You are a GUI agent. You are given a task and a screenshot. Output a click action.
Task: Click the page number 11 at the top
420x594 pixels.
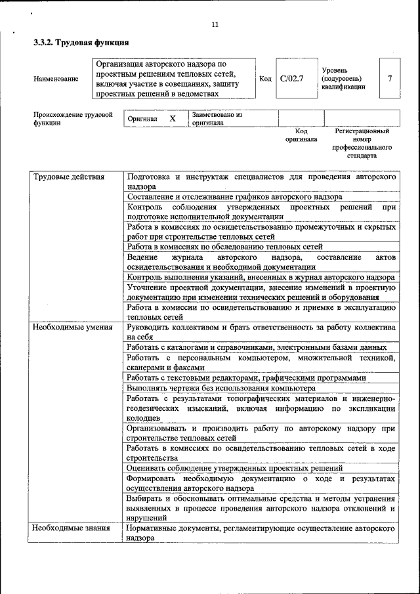coord(215,25)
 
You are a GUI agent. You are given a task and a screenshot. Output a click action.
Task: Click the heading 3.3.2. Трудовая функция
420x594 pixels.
coord(81,43)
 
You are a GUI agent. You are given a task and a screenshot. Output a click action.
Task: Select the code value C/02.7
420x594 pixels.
coord(291,79)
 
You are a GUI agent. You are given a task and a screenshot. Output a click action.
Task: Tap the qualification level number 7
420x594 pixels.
coord(390,79)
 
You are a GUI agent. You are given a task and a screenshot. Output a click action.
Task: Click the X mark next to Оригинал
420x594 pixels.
coord(173,119)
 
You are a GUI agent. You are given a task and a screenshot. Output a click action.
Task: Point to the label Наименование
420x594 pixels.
coord(54,79)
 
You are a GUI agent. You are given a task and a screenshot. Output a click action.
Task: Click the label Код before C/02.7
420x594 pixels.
coord(265,79)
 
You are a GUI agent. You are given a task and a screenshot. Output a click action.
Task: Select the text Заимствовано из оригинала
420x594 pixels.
coord(217,119)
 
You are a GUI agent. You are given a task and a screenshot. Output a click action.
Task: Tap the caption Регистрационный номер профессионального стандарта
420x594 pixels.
coord(362,144)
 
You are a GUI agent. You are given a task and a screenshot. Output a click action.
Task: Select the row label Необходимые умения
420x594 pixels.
coord(73,327)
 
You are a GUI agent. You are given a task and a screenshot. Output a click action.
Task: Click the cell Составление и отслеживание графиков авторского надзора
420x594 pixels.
coord(234,197)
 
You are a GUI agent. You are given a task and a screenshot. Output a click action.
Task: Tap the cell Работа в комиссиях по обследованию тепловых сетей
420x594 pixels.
coord(225,247)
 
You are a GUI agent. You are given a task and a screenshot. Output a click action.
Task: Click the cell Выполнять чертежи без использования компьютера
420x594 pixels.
coord(222,388)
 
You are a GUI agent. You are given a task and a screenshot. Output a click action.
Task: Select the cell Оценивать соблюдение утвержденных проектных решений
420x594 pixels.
coord(235,469)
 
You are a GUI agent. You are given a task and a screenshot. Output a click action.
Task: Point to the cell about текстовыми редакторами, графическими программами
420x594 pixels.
coord(246,378)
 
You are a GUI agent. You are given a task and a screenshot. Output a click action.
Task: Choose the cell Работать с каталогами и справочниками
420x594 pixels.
coord(257,347)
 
